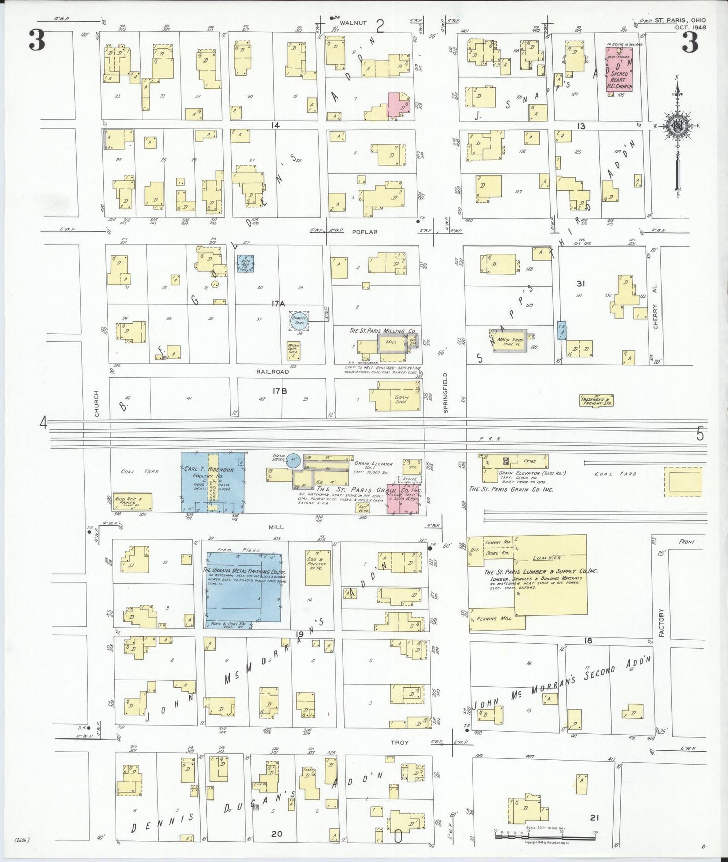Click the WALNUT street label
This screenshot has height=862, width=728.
(352, 23)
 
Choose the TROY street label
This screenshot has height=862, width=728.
(400, 742)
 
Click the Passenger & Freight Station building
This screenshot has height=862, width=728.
(596, 401)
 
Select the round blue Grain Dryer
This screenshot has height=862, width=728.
(294, 460)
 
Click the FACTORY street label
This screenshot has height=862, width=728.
(660, 622)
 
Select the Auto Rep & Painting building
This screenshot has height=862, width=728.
(133, 501)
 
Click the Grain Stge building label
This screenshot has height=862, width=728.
(401, 399)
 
